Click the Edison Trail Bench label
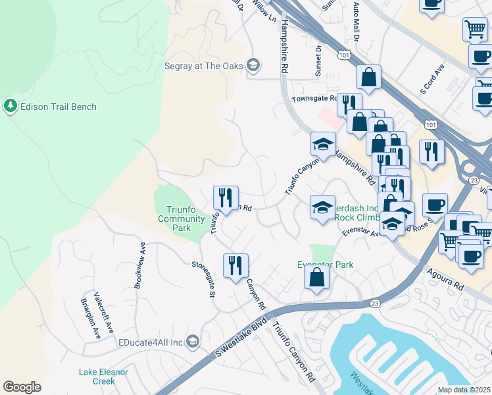point(59,107)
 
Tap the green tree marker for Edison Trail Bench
point(11,106)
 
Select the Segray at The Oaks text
point(203,65)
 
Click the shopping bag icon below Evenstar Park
point(316,278)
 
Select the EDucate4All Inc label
point(150,341)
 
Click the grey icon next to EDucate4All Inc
point(192,340)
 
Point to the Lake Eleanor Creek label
point(103,377)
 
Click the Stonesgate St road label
point(204,278)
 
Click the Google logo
point(22,387)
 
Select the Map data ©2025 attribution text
point(464,390)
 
